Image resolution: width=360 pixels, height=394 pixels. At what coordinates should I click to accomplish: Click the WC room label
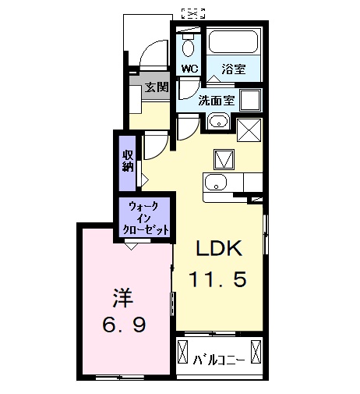point(190,69)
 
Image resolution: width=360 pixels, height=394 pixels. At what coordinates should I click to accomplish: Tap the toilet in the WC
point(187,45)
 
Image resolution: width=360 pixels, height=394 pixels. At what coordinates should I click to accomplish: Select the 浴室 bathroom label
point(232,69)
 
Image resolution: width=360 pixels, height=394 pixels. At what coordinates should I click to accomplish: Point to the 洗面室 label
point(216,101)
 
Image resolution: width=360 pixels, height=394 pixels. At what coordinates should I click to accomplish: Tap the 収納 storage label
point(127,160)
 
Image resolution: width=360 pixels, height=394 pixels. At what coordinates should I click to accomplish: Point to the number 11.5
point(219,279)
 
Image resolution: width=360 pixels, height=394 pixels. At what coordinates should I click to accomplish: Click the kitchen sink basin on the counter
point(215,184)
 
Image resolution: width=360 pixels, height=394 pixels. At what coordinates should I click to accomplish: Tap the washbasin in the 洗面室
point(218,121)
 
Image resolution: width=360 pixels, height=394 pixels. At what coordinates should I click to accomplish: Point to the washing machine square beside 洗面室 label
point(249,101)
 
